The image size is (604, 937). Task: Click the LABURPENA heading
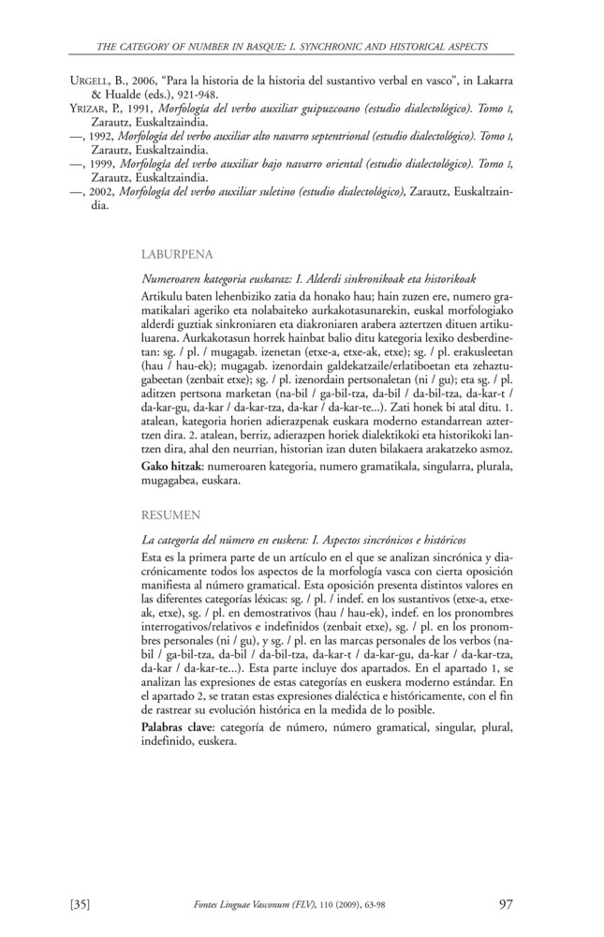(177, 253)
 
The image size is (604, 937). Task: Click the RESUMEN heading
(169, 514)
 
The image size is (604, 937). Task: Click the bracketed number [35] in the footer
(80, 904)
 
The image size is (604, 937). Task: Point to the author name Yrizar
(90, 108)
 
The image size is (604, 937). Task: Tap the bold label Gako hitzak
(173, 465)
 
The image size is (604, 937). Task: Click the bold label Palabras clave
(179, 726)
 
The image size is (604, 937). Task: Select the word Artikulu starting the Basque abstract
(161, 295)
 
